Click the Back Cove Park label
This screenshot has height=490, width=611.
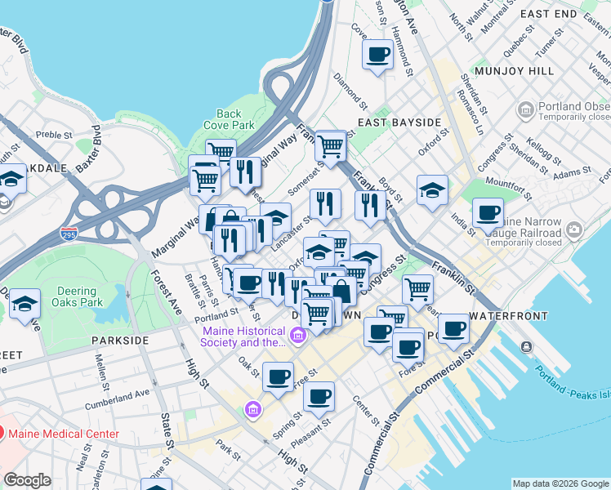click(x=229, y=120)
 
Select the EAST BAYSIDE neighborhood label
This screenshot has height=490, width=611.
click(x=399, y=122)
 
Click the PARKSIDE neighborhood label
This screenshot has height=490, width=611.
click(x=120, y=340)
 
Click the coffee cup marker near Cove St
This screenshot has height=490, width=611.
click(x=377, y=55)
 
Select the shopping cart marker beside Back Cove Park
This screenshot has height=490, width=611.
click(x=221, y=151)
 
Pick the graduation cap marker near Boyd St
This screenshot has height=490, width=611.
click(x=432, y=190)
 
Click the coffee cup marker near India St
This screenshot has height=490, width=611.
click(x=488, y=213)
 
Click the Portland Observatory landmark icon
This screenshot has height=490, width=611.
click(x=525, y=109)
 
